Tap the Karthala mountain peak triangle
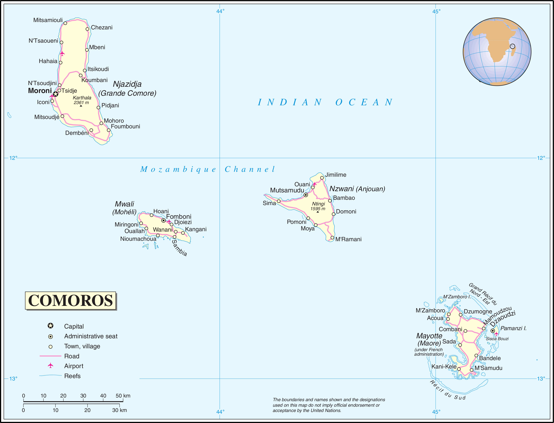click(x=81, y=106)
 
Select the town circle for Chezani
click(x=87, y=29)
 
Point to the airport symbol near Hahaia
click(x=62, y=53)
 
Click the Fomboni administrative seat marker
click(x=163, y=221)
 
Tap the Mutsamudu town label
click(x=287, y=190)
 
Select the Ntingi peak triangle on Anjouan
click(x=318, y=212)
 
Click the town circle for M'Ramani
click(x=332, y=238)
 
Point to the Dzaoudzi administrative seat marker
click(x=492, y=331)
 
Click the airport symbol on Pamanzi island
click(x=496, y=334)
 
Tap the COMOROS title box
click(x=70, y=300)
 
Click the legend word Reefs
click(x=72, y=376)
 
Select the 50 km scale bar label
click(x=123, y=396)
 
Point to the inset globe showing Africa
click(x=497, y=52)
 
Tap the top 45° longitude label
click(x=436, y=11)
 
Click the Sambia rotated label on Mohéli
click(x=179, y=248)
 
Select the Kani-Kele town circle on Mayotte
click(x=459, y=369)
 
